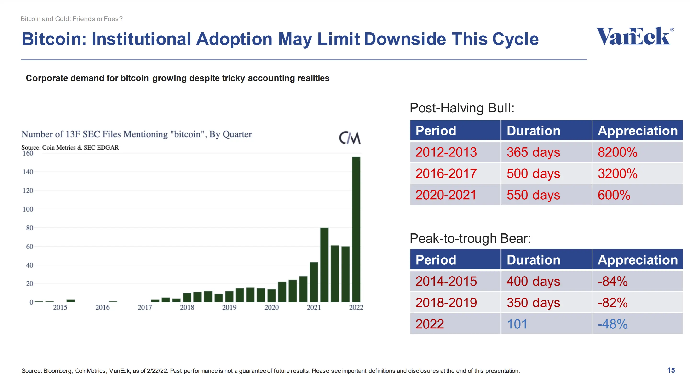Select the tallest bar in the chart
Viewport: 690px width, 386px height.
tap(356, 229)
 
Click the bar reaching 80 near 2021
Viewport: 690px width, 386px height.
tap(324, 265)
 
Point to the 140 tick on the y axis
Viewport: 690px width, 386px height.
tap(28, 172)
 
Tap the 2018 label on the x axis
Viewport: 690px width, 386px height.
tap(187, 307)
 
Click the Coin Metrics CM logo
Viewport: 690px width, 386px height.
tap(350, 138)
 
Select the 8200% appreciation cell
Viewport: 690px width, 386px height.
tap(617, 152)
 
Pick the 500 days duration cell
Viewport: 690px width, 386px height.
tap(533, 173)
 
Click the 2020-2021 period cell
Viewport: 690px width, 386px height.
tap(446, 195)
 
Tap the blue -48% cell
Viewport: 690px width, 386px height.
tap(612, 324)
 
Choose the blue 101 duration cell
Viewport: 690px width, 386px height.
tap(517, 324)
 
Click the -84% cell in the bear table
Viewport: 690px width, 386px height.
tap(612, 281)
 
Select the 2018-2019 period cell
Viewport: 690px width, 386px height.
tap(446, 303)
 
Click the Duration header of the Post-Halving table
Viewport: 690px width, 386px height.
tap(533, 131)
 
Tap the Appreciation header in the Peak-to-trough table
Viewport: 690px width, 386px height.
tap(638, 260)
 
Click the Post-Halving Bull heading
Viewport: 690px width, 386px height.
tap(462, 108)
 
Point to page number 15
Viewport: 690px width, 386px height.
tap(671, 370)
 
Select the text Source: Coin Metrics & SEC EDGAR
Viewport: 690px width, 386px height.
tap(70, 148)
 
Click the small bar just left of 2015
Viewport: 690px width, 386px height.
tap(50, 302)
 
